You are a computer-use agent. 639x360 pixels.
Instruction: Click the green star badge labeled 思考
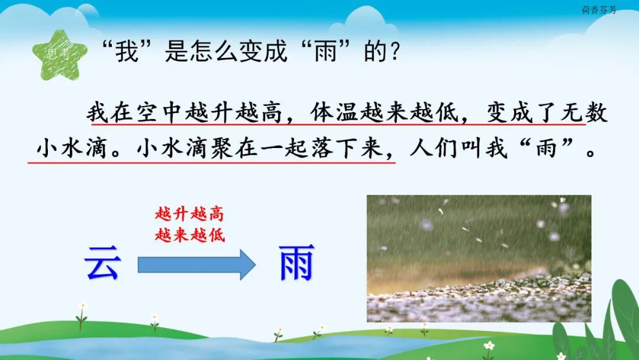tap(60, 54)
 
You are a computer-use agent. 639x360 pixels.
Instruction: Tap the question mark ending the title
tap(394, 52)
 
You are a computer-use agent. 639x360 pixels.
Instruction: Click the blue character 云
tap(102, 263)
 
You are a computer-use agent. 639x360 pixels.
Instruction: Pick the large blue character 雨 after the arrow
tap(296, 263)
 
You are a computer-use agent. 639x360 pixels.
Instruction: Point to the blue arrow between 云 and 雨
tap(196, 265)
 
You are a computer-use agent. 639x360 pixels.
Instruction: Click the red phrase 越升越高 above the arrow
tap(189, 214)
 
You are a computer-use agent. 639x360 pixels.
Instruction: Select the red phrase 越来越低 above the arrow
tap(190, 235)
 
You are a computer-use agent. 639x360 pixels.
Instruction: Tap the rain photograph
tap(479, 259)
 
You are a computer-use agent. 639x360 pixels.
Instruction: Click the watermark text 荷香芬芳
tap(599, 10)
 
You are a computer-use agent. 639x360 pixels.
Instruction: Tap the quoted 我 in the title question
tap(127, 52)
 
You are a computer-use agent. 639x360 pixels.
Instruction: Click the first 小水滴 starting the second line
tap(72, 147)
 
